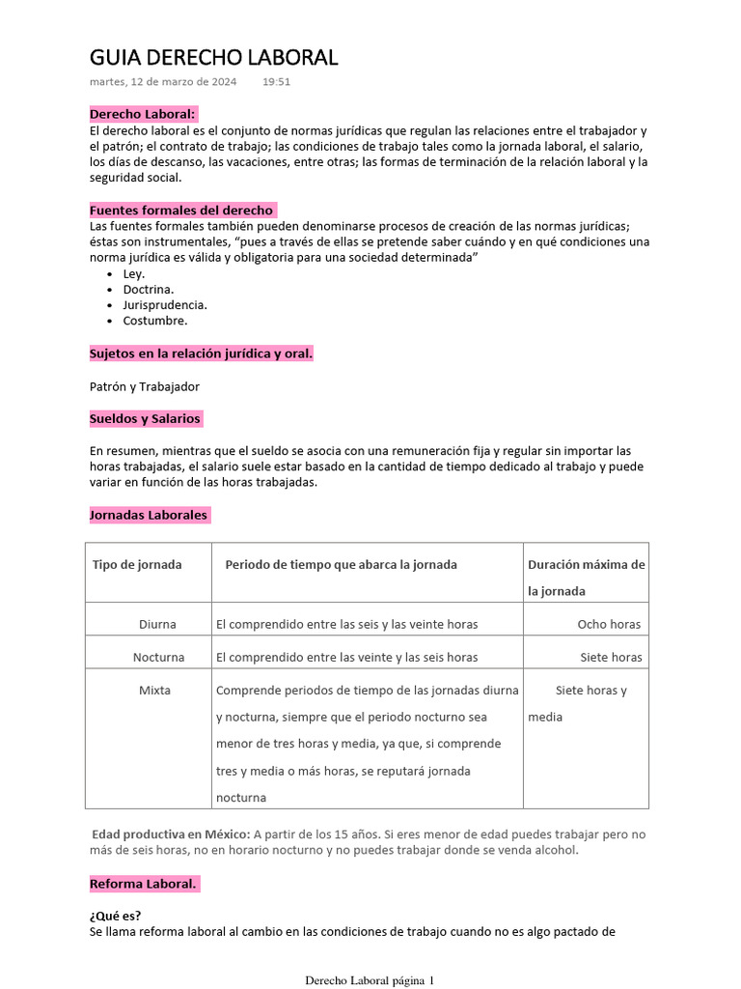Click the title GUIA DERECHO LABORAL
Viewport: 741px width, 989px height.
click(x=213, y=58)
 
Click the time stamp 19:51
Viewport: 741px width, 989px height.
click(x=276, y=82)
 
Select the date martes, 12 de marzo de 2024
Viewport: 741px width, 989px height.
click(x=163, y=82)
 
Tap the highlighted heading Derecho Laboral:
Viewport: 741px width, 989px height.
click(x=143, y=114)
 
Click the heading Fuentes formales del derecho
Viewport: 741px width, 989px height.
click(x=181, y=210)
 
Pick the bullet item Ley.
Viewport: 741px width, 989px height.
click(x=133, y=273)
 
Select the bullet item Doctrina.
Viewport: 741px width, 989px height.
click(x=148, y=289)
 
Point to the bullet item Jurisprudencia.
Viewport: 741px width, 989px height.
click(x=164, y=304)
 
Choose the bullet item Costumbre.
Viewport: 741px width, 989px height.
click(x=154, y=320)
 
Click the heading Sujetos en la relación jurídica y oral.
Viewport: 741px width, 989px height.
click(x=201, y=353)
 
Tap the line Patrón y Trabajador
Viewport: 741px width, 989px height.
click(x=144, y=386)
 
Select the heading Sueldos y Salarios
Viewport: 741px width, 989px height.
click(x=145, y=418)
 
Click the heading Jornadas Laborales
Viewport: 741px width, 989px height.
click(x=149, y=515)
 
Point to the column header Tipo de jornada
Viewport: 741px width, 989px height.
click(x=137, y=565)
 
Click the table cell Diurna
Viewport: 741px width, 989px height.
click(x=157, y=624)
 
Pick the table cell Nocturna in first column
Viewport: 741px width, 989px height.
click(x=158, y=657)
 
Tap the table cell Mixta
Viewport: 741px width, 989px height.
click(x=154, y=691)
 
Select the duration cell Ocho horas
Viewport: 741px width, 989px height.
click(x=609, y=624)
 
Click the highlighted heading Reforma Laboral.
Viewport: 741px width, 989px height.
click(x=143, y=884)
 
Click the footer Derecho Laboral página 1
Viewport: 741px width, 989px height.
click(x=370, y=980)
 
